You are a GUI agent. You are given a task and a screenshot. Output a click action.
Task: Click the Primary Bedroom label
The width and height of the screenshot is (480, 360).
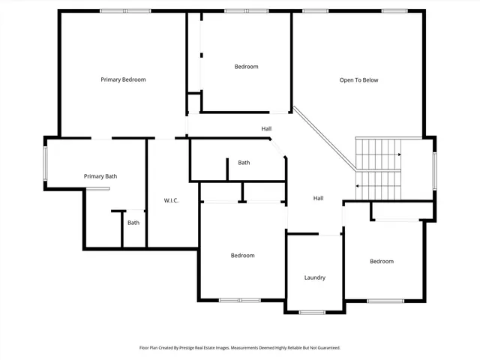pos(123,79)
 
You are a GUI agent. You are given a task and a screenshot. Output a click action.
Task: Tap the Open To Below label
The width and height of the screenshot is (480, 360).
pos(358,80)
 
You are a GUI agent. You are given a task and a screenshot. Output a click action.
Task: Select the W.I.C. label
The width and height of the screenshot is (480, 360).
pos(172,200)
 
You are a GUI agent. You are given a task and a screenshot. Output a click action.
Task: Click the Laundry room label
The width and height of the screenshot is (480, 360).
pos(315,277)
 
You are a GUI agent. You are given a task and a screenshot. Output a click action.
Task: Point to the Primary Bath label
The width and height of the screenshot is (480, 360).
pos(100,176)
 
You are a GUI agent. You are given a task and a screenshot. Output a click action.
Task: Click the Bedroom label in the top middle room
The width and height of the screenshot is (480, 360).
pos(246,67)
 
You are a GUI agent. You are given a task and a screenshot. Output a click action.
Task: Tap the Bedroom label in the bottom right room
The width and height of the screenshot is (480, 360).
pos(381,261)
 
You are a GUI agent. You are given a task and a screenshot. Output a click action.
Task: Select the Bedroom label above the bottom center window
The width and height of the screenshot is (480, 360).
pos(242,256)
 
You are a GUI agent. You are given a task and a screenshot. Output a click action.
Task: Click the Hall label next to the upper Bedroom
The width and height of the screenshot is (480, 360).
pos(266,128)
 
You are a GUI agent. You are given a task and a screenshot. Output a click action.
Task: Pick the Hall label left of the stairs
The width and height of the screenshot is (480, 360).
pos(318,198)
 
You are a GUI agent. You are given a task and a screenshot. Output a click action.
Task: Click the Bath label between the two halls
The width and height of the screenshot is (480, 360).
pos(244,163)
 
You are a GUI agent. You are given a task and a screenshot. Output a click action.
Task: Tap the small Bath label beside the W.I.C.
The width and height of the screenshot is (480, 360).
pos(133,223)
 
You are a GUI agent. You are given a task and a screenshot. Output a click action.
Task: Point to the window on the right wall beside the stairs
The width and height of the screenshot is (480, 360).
pos(433,169)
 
